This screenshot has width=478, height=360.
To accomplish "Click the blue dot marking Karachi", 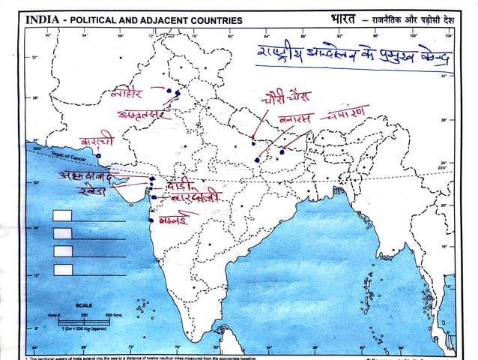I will point(98,156).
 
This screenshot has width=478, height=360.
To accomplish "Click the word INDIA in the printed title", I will point(42,20).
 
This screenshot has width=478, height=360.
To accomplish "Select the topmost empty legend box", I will point(63,216).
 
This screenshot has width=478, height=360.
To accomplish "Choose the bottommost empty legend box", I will point(63,268).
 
